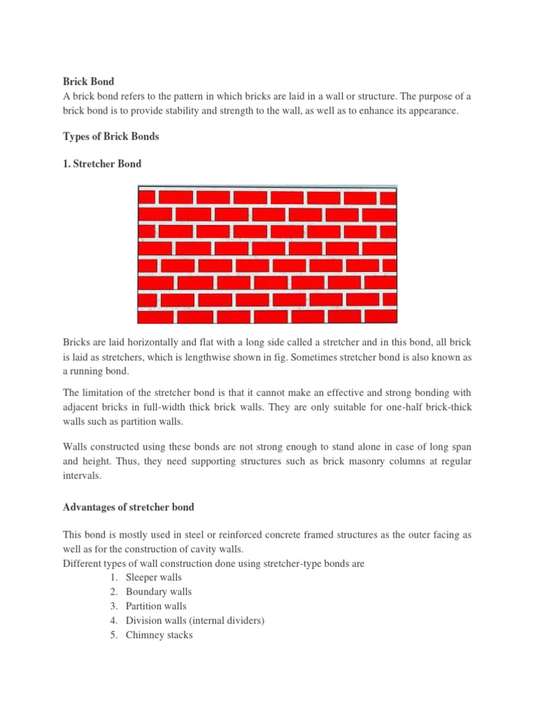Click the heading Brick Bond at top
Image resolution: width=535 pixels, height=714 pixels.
click(88, 82)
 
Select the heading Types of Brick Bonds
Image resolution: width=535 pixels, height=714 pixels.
click(111, 137)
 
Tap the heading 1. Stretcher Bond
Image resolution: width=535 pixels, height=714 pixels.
click(102, 165)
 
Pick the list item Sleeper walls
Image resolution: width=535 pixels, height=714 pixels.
click(154, 577)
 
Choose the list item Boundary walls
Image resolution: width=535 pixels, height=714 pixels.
click(158, 592)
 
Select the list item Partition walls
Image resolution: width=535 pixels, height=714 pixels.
click(156, 606)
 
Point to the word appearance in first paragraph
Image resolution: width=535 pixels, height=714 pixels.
click(433, 111)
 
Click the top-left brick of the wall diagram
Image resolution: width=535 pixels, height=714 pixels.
click(147, 197)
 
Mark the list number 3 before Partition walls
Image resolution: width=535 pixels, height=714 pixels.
click(113, 606)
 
